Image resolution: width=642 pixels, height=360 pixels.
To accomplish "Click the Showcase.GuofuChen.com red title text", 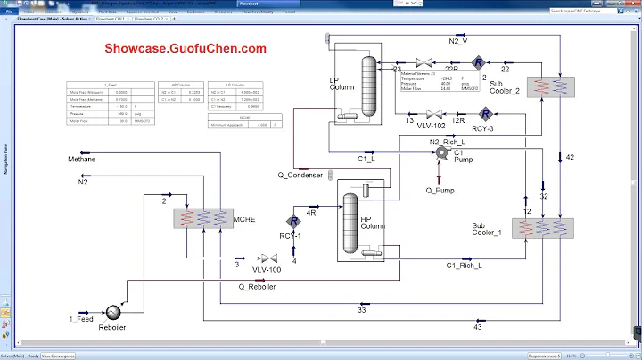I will tap(185, 49).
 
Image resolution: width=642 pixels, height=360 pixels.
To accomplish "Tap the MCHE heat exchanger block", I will tap(202, 220).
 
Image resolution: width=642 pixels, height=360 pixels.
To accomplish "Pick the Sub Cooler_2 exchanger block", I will tap(549, 86).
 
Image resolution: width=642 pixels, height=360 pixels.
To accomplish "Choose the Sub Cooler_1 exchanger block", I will tap(535, 226).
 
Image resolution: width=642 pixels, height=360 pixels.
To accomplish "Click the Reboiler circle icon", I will tap(114, 313).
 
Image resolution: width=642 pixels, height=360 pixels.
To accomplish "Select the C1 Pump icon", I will tap(440, 154).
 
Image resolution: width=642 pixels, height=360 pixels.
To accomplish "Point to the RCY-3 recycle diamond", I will tap(485, 114).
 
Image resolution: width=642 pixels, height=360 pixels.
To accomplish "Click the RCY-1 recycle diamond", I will tap(292, 221).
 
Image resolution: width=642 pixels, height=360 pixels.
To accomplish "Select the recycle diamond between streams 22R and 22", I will tap(478, 61).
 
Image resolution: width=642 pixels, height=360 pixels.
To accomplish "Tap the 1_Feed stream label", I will tap(81, 319).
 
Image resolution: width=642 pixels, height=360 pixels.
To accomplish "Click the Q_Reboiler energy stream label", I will tap(257, 286).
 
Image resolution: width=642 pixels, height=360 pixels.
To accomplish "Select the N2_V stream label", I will tap(457, 40).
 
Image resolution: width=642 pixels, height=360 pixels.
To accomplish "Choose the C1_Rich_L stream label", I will tap(464, 265).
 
